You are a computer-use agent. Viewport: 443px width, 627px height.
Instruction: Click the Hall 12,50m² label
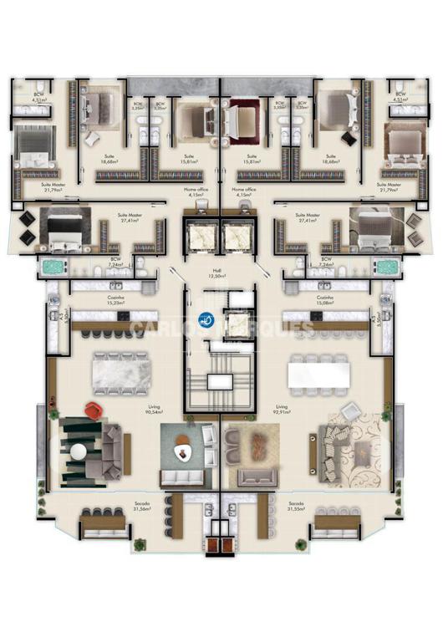[x=221, y=273]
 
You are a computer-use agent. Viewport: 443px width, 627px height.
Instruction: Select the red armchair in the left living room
[x=94, y=410]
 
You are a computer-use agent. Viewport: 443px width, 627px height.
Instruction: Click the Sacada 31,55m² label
[x=296, y=507]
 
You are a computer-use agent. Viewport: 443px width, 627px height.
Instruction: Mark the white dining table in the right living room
[x=318, y=372]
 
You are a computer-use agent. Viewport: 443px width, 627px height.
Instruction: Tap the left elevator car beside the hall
[x=201, y=240]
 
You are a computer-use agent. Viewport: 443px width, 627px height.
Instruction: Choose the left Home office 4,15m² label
[x=196, y=192]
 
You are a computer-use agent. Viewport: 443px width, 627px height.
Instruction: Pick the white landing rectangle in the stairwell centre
[x=221, y=381]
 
